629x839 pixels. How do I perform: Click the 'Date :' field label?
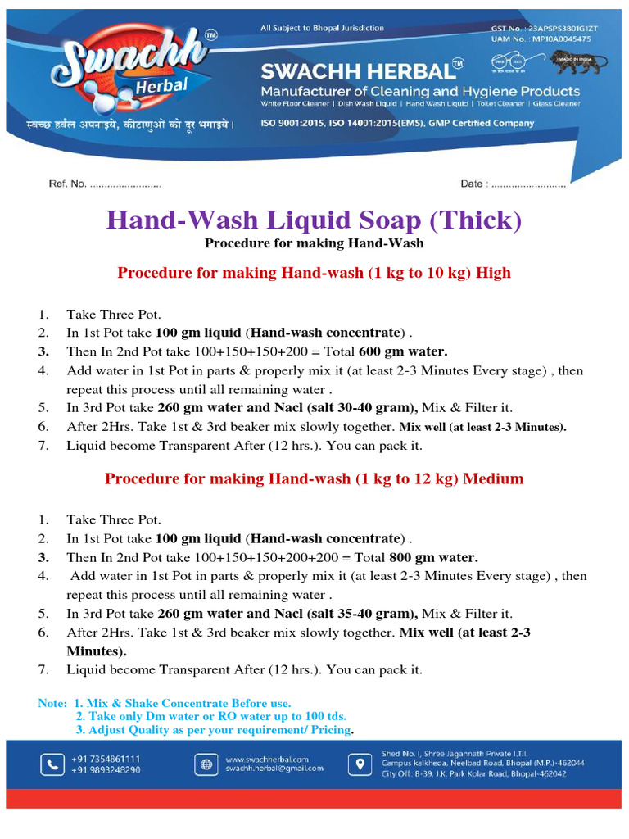click(x=473, y=184)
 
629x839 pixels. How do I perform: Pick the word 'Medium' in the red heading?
click(x=494, y=478)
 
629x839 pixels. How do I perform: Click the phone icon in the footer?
click(x=52, y=764)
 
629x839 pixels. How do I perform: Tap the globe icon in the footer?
click(x=204, y=764)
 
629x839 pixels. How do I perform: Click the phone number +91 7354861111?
click(x=106, y=759)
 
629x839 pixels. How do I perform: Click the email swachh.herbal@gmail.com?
click(x=274, y=769)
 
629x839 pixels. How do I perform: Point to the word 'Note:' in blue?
click(x=53, y=704)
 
